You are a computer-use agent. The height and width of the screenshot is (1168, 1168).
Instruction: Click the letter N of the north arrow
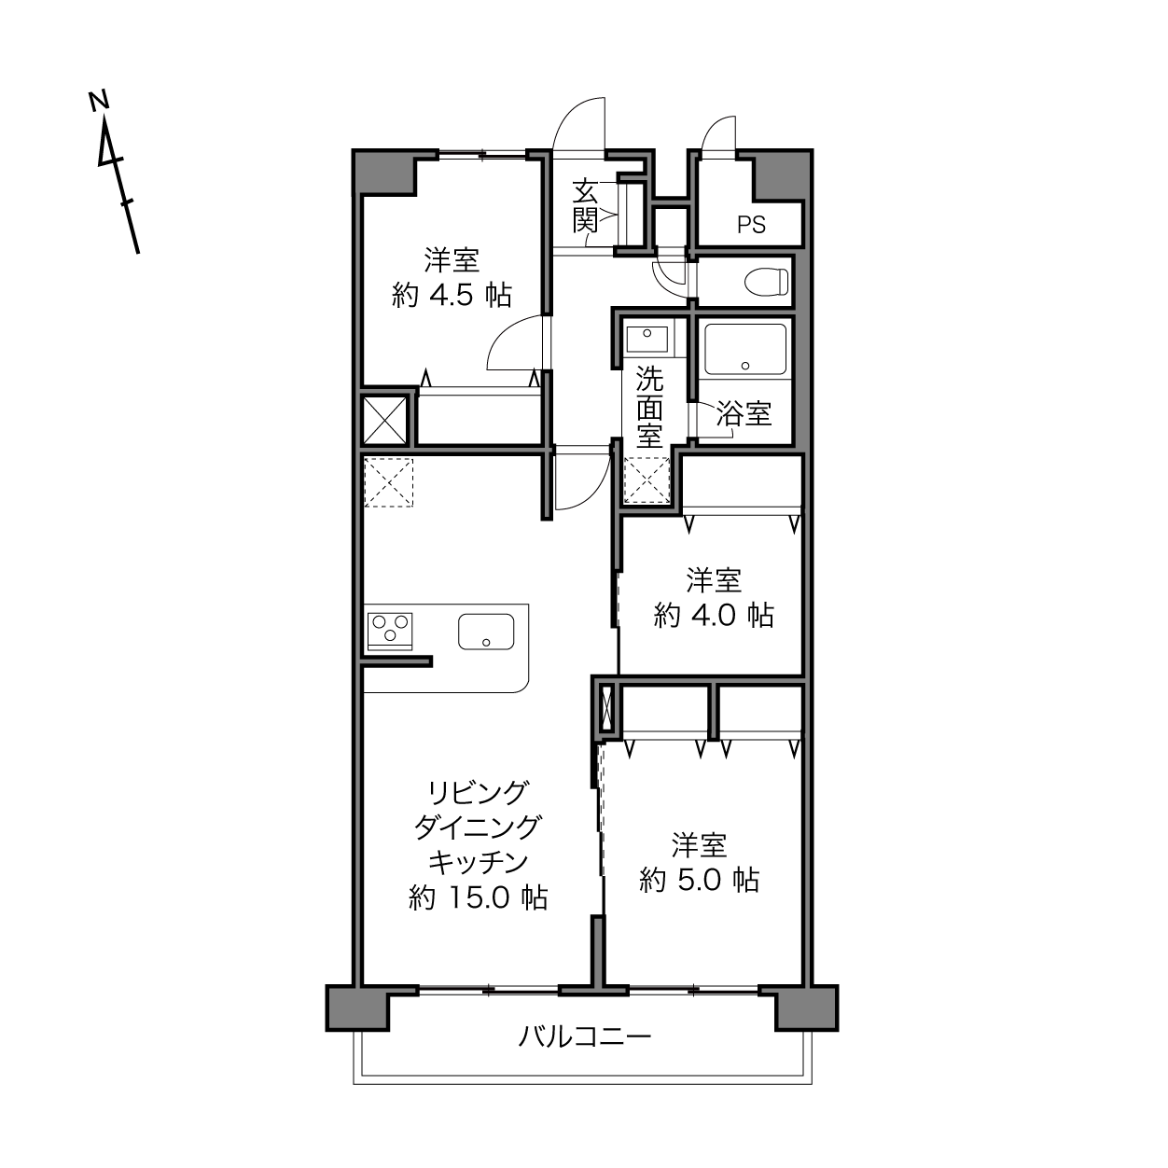pos(100,101)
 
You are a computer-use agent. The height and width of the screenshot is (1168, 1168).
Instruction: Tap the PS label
pos(751,226)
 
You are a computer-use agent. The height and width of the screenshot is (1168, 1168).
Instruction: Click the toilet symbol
pos(766,282)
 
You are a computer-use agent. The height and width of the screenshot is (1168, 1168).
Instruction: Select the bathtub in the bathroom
pos(744,350)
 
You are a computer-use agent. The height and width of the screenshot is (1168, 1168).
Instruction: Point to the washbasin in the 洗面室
pos(647,339)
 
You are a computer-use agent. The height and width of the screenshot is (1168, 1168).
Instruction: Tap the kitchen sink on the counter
pos(486,632)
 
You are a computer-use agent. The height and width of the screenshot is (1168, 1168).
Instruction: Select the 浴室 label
pos(744,413)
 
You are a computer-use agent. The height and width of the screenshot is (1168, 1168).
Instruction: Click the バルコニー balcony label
pos(584,1036)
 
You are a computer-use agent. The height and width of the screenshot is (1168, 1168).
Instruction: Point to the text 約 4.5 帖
pos(452,295)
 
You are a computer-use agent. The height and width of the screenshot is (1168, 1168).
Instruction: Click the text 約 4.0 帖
pos(714,615)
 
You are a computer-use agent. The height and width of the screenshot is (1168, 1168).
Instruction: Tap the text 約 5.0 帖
pos(699,880)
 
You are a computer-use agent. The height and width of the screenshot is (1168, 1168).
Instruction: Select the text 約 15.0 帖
pos(479,897)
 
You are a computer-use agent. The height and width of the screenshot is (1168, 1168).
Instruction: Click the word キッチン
pos(479,862)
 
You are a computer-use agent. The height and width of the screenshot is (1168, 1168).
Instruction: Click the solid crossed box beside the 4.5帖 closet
pos(384,420)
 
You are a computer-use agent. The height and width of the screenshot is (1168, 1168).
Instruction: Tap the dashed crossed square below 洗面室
pos(647,480)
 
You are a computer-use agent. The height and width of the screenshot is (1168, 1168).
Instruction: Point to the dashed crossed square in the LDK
pos(388,482)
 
